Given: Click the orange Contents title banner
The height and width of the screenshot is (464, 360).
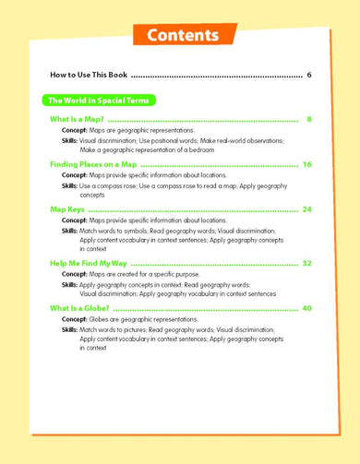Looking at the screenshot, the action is pyautogui.click(x=180, y=35).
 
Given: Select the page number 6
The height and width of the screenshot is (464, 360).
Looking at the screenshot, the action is pyautogui.click(x=309, y=74).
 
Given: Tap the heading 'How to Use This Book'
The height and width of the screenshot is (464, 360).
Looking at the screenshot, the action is pyautogui.click(x=90, y=74).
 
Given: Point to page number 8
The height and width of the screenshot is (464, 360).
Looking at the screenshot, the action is pyautogui.click(x=309, y=120).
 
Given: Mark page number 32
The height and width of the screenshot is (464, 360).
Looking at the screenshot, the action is pyautogui.click(x=307, y=263).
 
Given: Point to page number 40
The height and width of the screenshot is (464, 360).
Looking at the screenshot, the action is pyautogui.click(x=307, y=307).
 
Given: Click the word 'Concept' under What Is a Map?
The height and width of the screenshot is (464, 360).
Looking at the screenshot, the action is pyautogui.click(x=75, y=131).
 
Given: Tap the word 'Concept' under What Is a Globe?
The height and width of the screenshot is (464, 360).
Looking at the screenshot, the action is pyautogui.click(x=75, y=318).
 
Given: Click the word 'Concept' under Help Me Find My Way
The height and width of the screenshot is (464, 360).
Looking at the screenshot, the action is pyautogui.click(x=75, y=274).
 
